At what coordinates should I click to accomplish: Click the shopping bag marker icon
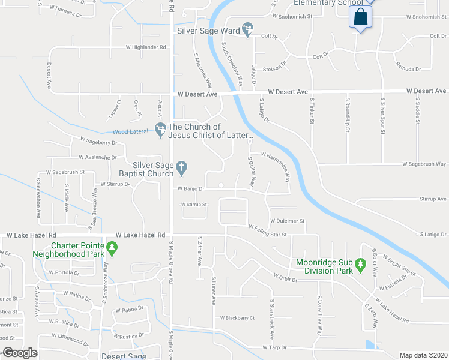(360, 17)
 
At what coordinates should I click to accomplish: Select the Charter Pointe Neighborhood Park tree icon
(111, 247)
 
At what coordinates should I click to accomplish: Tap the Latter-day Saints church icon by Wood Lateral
(160, 128)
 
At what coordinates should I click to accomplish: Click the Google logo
(20, 353)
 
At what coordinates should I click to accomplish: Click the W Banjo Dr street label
(191, 189)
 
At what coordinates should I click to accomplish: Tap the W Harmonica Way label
(276, 160)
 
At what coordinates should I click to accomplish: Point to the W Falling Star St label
(267, 229)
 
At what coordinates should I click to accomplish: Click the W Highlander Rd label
(145, 47)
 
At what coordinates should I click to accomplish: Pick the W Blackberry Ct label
(238, 318)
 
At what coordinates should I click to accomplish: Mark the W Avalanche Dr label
(98, 158)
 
